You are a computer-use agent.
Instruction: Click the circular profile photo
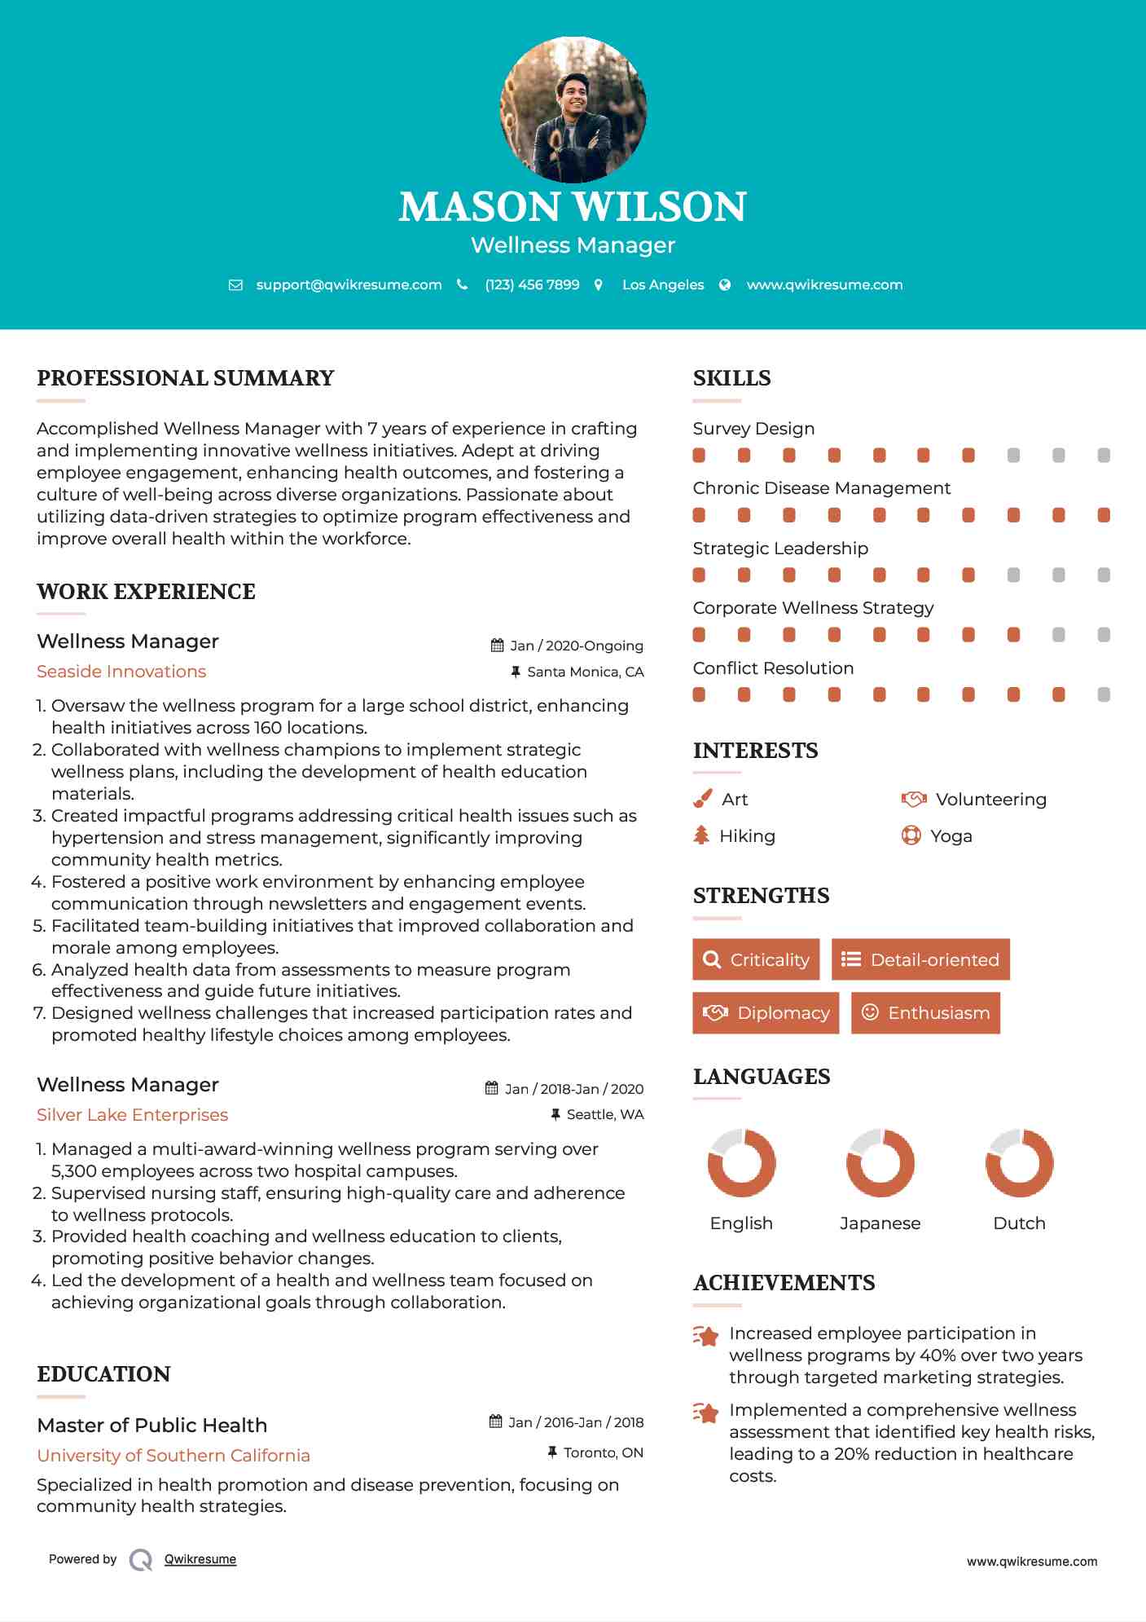[x=573, y=109]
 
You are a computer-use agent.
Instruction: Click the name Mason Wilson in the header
[x=573, y=207]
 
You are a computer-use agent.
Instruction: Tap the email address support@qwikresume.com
[x=349, y=285]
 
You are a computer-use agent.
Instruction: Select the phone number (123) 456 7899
[x=532, y=285]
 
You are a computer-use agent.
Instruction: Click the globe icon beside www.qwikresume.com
[x=725, y=285]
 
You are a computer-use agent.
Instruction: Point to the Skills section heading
[x=731, y=378]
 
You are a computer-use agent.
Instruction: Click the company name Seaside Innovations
[x=121, y=672]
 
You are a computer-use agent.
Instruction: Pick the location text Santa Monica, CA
[x=585, y=672]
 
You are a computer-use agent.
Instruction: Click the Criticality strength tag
[x=756, y=959]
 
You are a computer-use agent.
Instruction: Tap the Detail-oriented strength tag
[x=920, y=959]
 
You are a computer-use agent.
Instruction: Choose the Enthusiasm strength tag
[x=925, y=1013]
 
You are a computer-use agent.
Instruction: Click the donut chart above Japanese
[x=880, y=1163]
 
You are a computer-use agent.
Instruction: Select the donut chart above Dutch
[x=1019, y=1163]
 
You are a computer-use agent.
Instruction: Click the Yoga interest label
[x=951, y=836]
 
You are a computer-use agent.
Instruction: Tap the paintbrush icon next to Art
[x=702, y=800]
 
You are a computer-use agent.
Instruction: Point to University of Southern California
[x=173, y=1456]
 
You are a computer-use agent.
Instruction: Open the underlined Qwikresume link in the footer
[x=200, y=1559]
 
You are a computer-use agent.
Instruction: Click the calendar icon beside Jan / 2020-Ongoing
[x=497, y=646]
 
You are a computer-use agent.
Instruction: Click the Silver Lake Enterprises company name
[x=132, y=1115]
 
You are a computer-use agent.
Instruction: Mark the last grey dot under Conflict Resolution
[x=1104, y=695]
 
